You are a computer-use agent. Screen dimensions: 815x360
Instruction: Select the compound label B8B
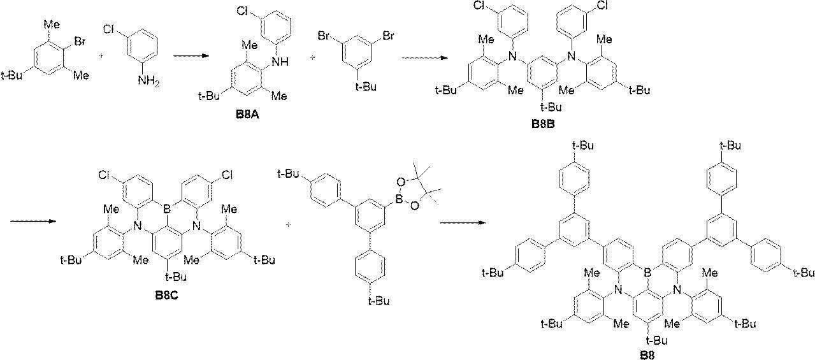[543, 124]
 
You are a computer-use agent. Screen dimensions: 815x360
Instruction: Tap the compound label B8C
[167, 295]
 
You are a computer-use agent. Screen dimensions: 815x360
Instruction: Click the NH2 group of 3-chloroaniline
[149, 81]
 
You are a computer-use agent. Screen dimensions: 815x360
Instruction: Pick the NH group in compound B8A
[280, 62]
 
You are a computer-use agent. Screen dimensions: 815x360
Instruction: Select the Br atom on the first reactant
[80, 41]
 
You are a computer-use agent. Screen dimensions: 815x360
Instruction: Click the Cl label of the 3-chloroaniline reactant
[110, 29]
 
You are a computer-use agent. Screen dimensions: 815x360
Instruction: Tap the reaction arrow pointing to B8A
[191, 55]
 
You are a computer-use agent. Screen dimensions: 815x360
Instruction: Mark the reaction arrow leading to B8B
[424, 57]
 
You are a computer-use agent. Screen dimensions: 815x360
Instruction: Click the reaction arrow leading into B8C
[33, 221]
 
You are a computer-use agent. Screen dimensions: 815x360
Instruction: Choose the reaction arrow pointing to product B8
[463, 222]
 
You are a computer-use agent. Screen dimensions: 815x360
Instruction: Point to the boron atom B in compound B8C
[167, 209]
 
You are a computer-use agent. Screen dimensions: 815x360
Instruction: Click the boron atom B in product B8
[647, 272]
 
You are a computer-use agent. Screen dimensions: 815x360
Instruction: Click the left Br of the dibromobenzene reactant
[324, 36]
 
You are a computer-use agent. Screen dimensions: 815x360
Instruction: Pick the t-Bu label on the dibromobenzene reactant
[366, 87]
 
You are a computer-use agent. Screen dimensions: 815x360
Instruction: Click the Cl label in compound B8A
[243, 11]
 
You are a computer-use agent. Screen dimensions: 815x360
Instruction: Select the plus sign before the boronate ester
[289, 224]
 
